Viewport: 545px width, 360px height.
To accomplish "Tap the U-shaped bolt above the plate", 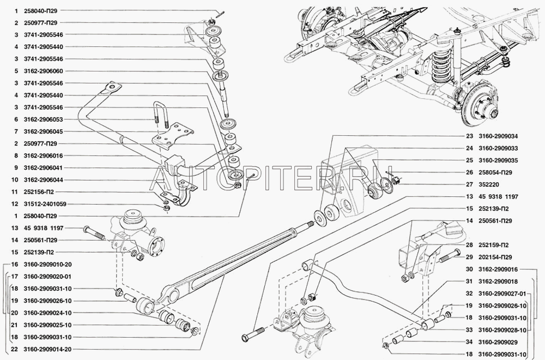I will click(160, 116).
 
